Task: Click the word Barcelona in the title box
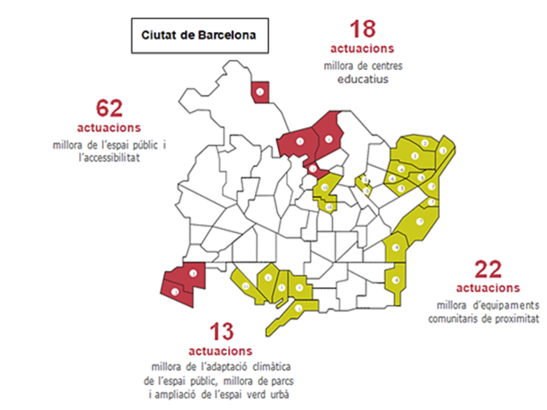click(x=225, y=35)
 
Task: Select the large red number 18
click(x=362, y=29)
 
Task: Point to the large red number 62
click(x=109, y=108)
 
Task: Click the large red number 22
click(x=488, y=270)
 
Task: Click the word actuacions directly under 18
click(x=363, y=49)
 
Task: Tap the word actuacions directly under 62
click(x=109, y=127)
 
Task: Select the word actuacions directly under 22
click(x=488, y=288)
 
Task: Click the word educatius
click(x=363, y=79)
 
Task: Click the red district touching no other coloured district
click(x=261, y=92)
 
